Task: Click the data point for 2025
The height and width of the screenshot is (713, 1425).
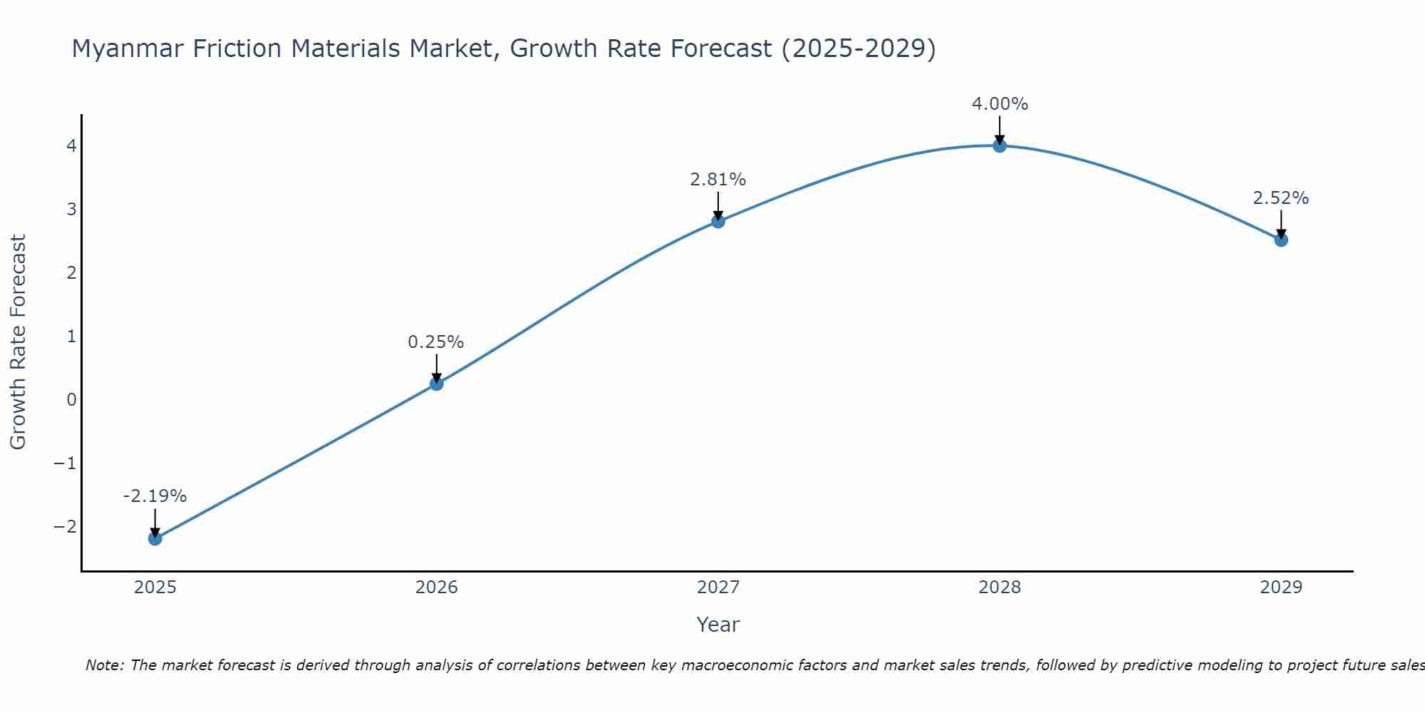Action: [x=155, y=538]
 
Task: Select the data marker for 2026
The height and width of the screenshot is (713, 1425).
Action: [x=436, y=384]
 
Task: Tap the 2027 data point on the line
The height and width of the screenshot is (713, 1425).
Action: [x=717, y=221]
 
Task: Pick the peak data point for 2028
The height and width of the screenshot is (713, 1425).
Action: [x=999, y=145]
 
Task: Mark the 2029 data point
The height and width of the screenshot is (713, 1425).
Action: [x=1280, y=240]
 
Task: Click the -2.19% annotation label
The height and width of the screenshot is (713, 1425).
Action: [x=155, y=496]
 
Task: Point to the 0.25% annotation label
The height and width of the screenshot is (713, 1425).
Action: [x=436, y=342]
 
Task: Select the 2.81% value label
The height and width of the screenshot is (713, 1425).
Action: [x=717, y=180]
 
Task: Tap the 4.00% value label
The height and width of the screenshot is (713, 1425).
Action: [x=1000, y=104]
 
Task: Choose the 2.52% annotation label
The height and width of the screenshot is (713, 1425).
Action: [x=1280, y=198]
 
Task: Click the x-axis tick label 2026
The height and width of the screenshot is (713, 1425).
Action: [x=436, y=588]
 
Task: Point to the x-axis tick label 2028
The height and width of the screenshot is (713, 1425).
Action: [x=999, y=588]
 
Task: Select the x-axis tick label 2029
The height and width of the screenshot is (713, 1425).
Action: [x=1280, y=588]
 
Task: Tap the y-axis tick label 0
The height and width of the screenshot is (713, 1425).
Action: [x=71, y=400]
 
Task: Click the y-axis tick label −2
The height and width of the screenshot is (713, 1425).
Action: [x=65, y=527]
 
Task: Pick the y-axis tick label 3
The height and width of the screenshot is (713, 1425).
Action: [x=71, y=210]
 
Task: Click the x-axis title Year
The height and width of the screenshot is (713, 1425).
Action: [x=717, y=625]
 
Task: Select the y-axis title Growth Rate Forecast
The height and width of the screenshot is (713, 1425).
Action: [x=18, y=342]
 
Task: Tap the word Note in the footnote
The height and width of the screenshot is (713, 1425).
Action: [x=105, y=665]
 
